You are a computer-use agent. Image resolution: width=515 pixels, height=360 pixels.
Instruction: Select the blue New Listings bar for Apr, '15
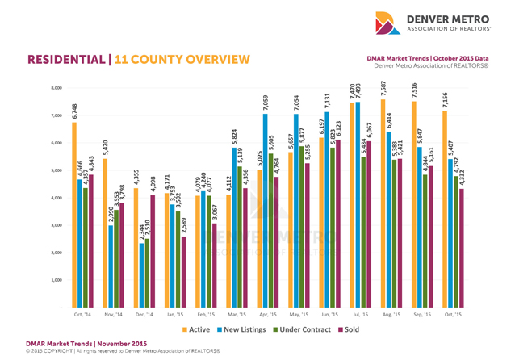(265, 211)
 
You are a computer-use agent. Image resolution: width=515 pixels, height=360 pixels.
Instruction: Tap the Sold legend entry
(352, 329)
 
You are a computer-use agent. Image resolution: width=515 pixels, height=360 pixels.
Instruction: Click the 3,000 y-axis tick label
(56, 225)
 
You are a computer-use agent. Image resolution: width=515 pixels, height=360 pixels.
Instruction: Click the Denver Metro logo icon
(387, 23)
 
